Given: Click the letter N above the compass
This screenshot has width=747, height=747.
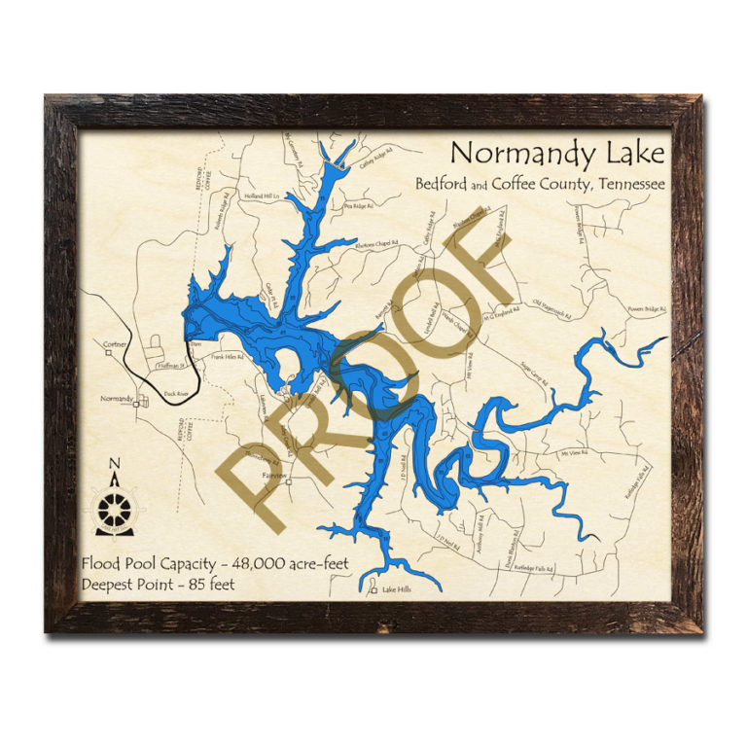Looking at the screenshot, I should pos(115,463).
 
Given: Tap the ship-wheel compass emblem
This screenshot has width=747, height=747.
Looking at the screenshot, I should pos(115,509).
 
